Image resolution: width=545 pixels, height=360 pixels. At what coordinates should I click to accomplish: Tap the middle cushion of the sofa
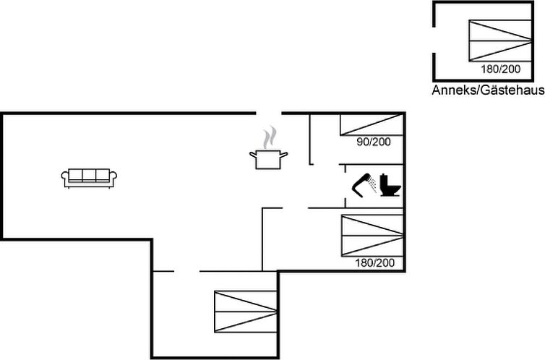click(x=89, y=175)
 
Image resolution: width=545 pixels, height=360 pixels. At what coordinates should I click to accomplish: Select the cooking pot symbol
click(x=268, y=160)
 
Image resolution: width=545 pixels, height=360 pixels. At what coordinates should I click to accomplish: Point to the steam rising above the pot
click(x=270, y=137)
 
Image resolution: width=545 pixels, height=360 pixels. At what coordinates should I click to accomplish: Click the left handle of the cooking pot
click(x=253, y=155)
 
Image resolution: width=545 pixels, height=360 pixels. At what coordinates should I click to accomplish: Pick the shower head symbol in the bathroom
click(x=364, y=185)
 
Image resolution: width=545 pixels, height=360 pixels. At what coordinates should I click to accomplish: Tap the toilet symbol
click(x=390, y=185)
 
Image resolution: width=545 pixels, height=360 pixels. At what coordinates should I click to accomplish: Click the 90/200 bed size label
click(x=374, y=142)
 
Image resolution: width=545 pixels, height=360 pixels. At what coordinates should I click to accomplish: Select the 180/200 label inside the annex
click(x=500, y=69)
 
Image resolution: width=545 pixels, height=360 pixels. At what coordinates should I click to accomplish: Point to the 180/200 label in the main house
click(x=374, y=262)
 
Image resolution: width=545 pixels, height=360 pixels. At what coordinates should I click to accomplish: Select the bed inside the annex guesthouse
click(x=500, y=40)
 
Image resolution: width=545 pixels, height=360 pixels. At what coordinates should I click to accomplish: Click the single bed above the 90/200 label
click(x=372, y=125)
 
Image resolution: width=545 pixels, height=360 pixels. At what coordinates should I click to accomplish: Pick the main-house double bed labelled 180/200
click(x=372, y=236)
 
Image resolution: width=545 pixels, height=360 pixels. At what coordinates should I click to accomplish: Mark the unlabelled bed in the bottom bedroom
click(x=245, y=312)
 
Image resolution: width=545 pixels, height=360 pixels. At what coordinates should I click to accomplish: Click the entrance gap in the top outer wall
click(x=269, y=113)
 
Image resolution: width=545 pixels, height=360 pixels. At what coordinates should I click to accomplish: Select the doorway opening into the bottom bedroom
click(x=186, y=271)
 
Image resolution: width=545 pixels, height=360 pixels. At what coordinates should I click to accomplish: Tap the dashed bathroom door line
click(x=346, y=186)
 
